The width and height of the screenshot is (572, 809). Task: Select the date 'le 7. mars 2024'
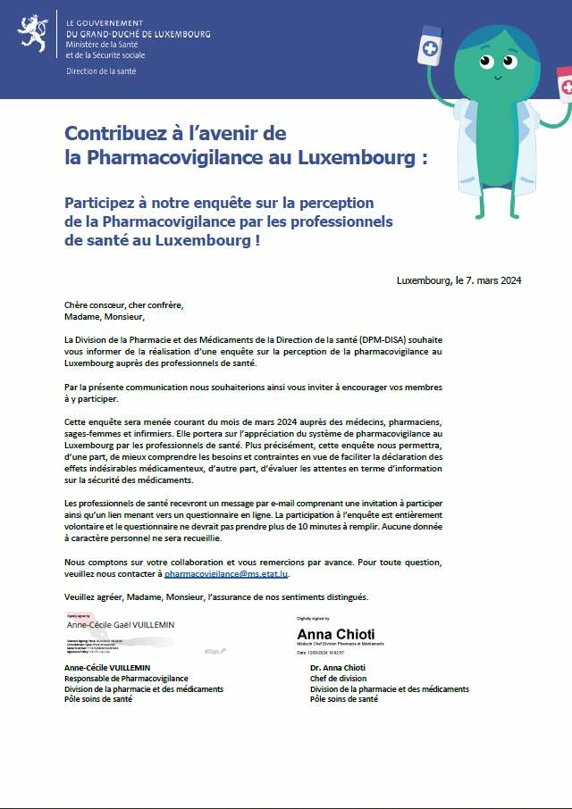pos(488,280)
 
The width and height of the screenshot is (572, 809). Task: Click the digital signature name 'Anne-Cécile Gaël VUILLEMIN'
pos(116,625)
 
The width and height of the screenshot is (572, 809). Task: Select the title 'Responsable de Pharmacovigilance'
pos(126,679)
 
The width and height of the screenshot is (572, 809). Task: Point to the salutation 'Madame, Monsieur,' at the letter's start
pos(104,316)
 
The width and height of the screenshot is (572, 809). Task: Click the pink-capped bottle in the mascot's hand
pos(564,85)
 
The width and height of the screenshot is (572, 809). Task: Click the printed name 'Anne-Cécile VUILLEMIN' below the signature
pos(107,668)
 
